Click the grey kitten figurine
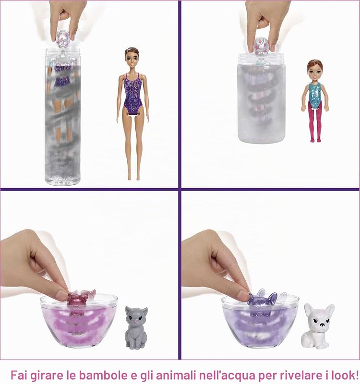point(136,328)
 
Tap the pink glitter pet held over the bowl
point(79,298)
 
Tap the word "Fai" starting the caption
point(19,375)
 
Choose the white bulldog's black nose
point(323,325)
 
